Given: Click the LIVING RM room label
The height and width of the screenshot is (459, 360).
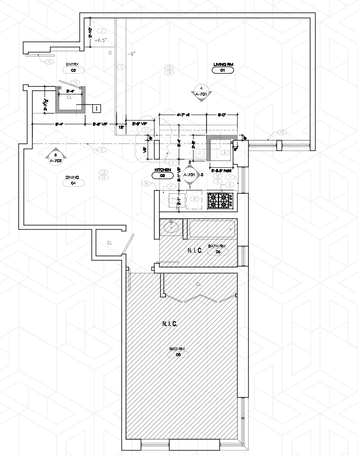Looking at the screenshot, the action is pyautogui.click(x=223, y=65).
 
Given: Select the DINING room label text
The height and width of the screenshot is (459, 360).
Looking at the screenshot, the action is pyautogui.click(x=72, y=177).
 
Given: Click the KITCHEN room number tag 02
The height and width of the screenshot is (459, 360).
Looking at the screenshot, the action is pyautogui.click(x=163, y=176).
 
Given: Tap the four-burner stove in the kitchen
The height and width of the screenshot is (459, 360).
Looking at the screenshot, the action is pyautogui.click(x=221, y=200).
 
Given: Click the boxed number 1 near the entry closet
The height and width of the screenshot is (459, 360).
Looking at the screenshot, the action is pyautogui.click(x=96, y=108).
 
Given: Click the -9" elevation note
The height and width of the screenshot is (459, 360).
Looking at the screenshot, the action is pyautogui.click(x=131, y=53).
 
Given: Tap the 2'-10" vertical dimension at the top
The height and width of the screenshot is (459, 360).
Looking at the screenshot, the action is pyautogui.click(x=90, y=32).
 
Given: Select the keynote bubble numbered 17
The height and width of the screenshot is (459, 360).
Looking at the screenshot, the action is pyautogui.click(x=146, y=129).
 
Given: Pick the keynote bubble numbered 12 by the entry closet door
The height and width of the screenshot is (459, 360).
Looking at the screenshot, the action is pyautogui.click(x=75, y=82).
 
